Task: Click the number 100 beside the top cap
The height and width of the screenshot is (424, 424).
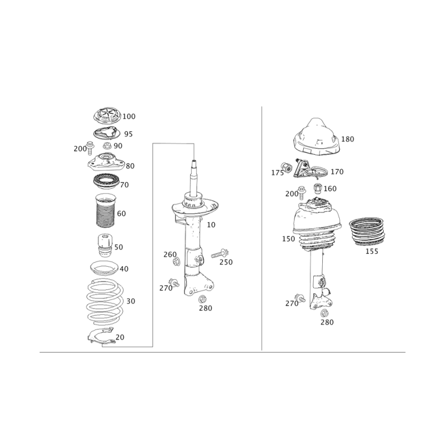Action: [129, 116]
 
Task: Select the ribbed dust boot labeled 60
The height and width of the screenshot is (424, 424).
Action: [106, 210]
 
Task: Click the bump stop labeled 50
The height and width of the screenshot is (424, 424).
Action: [105, 245]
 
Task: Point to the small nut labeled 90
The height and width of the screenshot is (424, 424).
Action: [108, 145]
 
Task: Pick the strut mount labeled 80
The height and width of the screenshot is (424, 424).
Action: [107, 162]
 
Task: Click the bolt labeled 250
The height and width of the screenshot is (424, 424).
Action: [220, 254]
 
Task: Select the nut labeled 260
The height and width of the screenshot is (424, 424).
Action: [176, 261]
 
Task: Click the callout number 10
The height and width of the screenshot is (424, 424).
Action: [211, 225]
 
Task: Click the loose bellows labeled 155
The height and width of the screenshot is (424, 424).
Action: [367, 231]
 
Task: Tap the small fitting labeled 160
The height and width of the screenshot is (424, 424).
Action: [317, 188]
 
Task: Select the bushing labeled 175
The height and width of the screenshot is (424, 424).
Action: [286, 167]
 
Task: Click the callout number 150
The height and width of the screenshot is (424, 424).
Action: [288, 239]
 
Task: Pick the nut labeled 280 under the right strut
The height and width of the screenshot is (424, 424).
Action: [324, 313]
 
